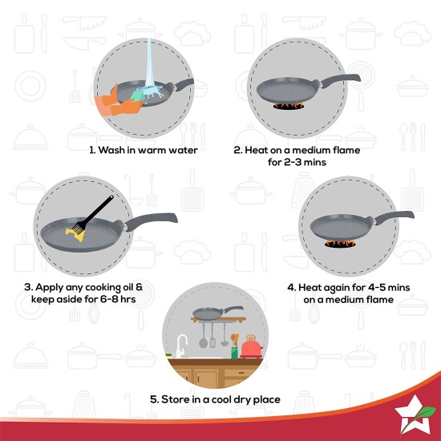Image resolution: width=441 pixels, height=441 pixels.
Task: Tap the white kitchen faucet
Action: (x=182, y=345)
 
